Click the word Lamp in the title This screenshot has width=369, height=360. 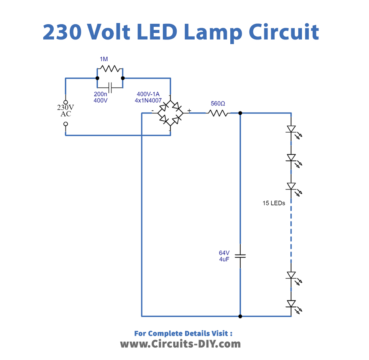tap(220, 32)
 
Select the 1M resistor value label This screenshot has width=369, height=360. tap(104, 59)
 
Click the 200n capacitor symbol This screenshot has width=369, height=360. tap(104, 86)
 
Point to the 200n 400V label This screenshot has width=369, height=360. tap(101, 98)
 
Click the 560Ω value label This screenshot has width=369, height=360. tap(217, 103)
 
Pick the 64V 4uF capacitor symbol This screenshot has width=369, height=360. tap(241, 257)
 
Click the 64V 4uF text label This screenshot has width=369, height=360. tap(224, 256)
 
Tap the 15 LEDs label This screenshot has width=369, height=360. tap(275, 203)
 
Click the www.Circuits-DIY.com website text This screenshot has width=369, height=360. tap(183, 343)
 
